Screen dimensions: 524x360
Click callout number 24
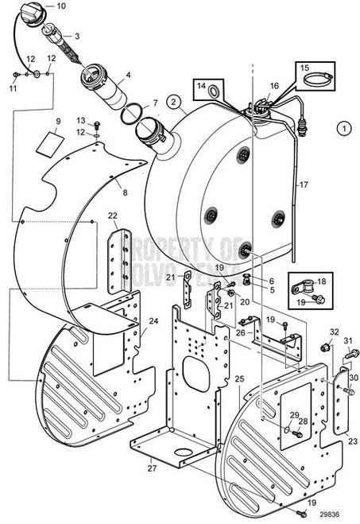(153, 321)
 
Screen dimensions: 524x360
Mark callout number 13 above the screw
(82, 121)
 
